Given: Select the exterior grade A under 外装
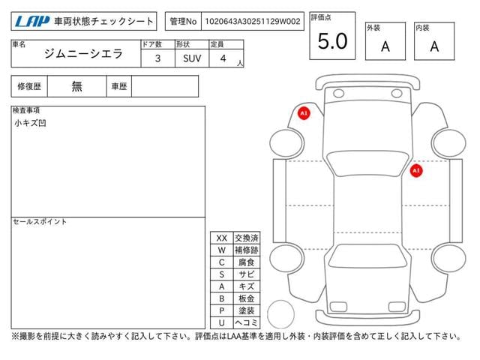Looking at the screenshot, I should coord(385,46).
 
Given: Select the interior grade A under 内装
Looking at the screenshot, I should coord(434,46).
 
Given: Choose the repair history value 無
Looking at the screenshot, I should coord(77,86).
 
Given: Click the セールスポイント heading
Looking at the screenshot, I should coord(40,222).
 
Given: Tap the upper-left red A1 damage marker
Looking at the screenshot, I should coord(304,113).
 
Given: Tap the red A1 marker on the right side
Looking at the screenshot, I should coord(415,171).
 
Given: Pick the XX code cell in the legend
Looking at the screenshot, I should coord(221,238).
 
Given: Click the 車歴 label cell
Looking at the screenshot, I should coord(119,86).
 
